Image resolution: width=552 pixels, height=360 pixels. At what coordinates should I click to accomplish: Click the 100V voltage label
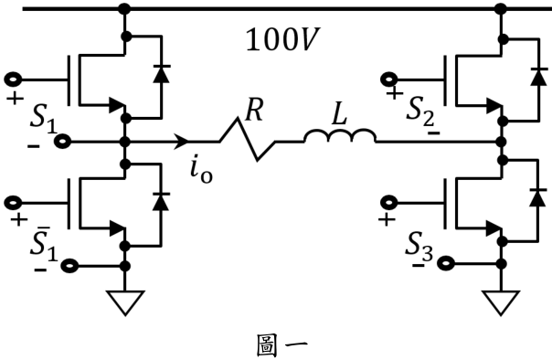coord(282,40)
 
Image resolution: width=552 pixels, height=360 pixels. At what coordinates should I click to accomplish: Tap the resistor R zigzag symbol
coord(248,140)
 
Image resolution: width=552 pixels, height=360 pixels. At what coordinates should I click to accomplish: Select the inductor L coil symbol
coord(340,136)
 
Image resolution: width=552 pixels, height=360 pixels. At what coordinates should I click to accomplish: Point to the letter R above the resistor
coord(254,110)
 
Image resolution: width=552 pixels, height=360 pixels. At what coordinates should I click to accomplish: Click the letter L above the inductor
coord(339,115)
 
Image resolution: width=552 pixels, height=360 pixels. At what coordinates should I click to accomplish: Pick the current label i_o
coord(201,172)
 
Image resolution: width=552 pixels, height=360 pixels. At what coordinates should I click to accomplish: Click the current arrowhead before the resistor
coord(181,142)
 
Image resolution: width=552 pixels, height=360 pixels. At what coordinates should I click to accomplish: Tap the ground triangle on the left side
coord(125,302)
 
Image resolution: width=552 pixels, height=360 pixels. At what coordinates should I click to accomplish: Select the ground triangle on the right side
coord(501,302)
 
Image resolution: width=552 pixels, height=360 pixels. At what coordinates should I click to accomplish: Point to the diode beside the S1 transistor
coord(162,73)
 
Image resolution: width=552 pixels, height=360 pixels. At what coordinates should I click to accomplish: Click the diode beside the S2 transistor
coord(538,77)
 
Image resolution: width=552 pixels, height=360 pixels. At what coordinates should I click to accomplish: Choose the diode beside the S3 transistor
coord(538,197)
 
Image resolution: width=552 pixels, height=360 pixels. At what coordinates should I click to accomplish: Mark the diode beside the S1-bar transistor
coord(161,202)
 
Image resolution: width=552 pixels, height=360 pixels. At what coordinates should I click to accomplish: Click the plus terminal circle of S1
coord(13,79)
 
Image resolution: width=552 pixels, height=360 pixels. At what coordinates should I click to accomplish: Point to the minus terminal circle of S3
coord(445,263)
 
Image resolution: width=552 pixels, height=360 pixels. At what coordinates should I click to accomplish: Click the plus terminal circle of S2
coord(389,79)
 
